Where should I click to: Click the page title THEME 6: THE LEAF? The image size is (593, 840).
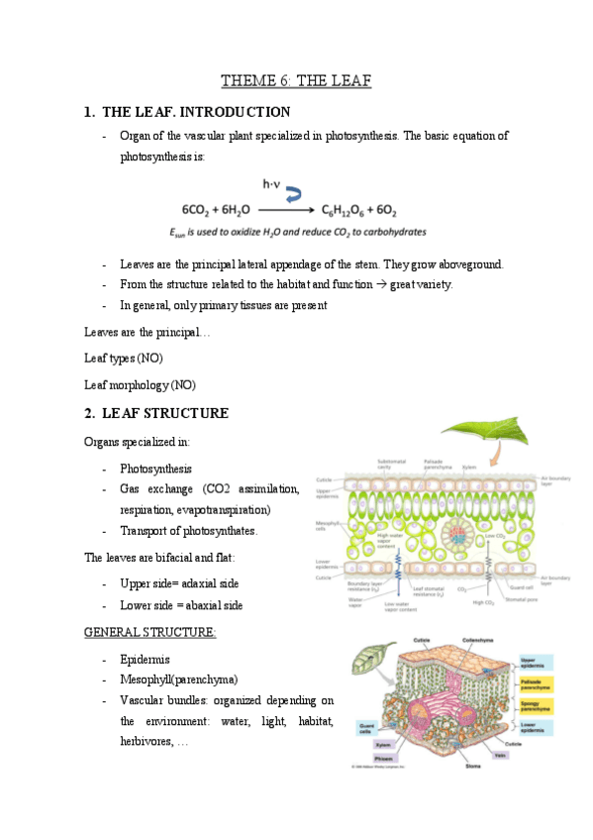pos(296,81)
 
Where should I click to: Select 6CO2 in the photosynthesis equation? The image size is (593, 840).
pos(200,210)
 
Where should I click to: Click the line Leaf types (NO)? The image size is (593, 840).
pos(124,358)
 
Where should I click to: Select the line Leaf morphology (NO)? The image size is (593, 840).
pos(140,383)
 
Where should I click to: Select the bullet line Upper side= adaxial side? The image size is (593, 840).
pos(179,583)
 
